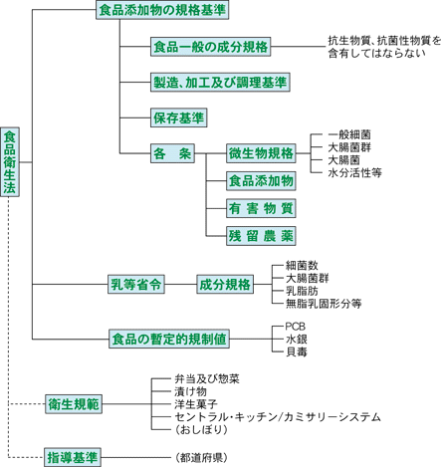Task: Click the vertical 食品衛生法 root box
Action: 10,161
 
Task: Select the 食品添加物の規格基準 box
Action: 162,10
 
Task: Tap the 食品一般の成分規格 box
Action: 210,47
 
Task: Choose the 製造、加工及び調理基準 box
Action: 220,83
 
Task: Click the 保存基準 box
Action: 179,117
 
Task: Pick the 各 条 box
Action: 172,153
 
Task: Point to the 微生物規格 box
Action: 261,153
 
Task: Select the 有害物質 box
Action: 261,208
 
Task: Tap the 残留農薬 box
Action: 261,236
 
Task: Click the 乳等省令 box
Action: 136,284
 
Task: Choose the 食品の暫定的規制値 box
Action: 169,339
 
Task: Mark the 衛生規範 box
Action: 74,404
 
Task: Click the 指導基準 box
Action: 73,457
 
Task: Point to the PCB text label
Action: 296,327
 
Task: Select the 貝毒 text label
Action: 297,351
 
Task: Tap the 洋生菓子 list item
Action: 196,404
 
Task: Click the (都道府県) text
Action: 201,458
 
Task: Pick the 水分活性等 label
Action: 354,172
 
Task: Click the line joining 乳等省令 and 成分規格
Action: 180,284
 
